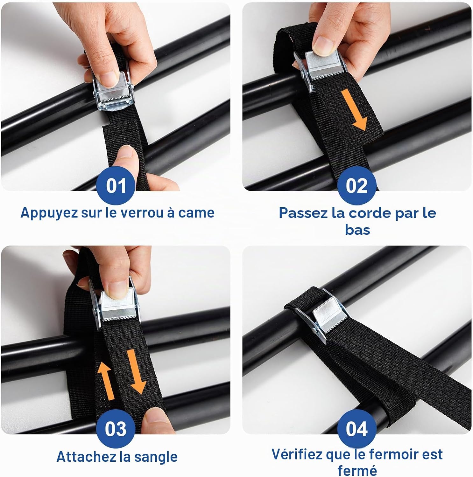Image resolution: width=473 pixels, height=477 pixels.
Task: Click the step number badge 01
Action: pos(116,185)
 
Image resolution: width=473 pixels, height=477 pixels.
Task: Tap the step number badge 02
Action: pos(357,185)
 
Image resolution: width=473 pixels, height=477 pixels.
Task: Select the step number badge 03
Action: pos(116,429)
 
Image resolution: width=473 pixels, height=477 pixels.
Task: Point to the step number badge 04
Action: pos(357,429)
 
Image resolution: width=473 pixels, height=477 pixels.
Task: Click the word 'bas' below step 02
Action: pos(357,230)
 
